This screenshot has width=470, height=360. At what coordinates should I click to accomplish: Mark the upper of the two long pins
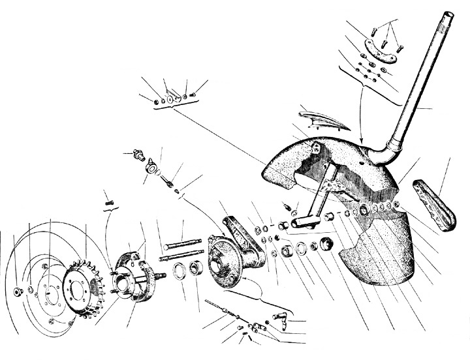coord(186,246)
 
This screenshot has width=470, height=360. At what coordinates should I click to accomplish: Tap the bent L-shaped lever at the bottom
coord(281,320)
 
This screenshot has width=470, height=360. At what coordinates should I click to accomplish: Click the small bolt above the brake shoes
coord(110,203)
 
